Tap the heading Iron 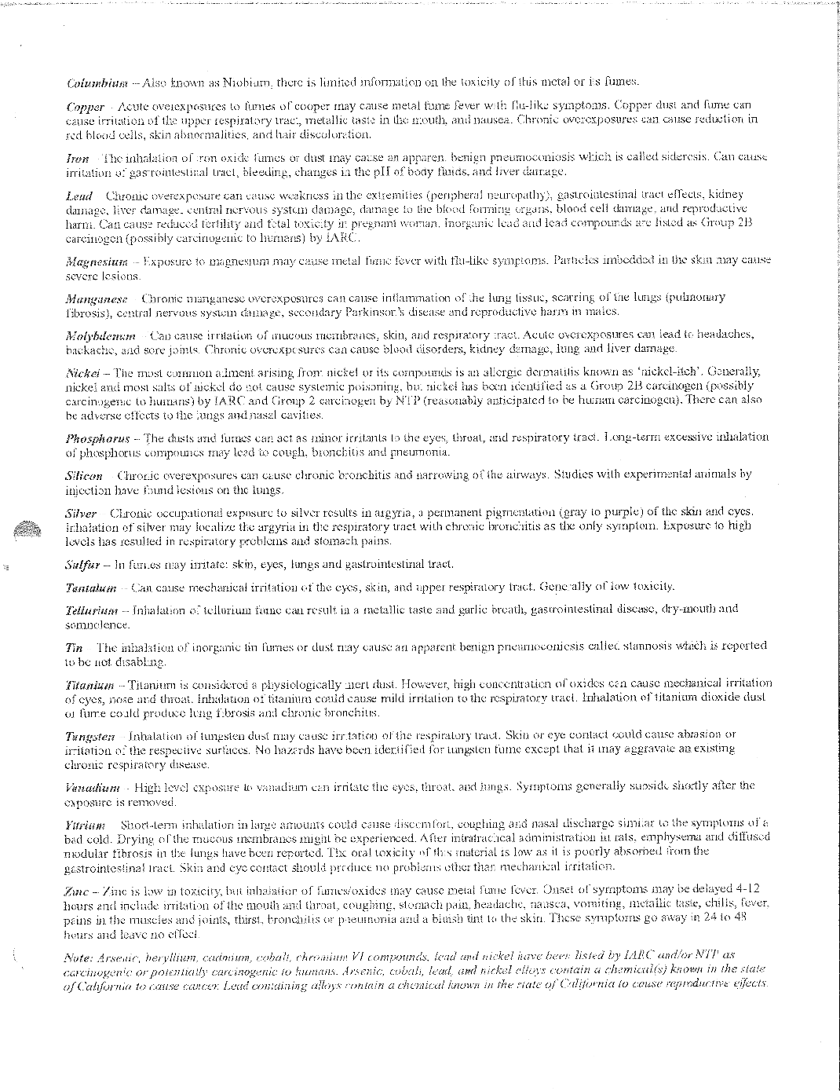(77, 157)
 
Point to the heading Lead (79, 195)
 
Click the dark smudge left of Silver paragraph (31, 528)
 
